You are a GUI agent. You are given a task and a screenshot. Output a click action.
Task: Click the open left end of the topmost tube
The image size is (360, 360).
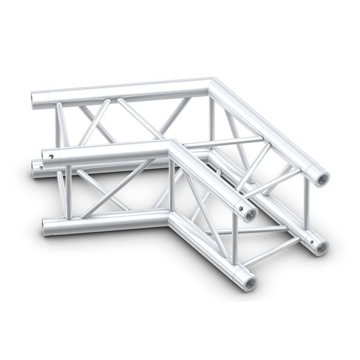click(35, 100)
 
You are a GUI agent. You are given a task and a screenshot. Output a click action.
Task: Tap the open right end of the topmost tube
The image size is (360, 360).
click(319, 176)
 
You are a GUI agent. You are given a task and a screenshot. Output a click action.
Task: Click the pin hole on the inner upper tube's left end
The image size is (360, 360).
click(52, 157)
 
